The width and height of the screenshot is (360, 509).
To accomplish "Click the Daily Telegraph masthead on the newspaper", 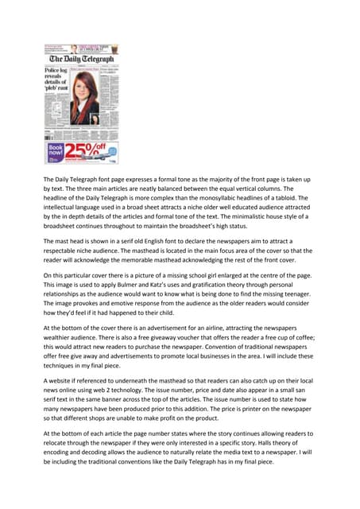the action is (x=82, y=59).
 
